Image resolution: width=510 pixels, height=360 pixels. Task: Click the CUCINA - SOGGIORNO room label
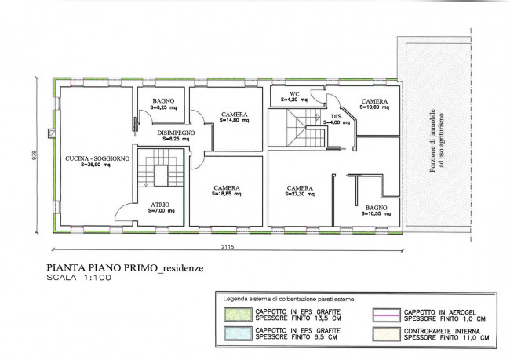pyautogui.click(x=97, y=158)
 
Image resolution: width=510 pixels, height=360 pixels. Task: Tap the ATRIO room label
pyautogui.click(x=160, y=205)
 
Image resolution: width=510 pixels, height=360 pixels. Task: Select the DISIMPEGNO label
pyautogui.click(x=176, y=133)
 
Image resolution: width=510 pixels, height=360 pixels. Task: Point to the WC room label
pyautogui.click(x=294, y=94)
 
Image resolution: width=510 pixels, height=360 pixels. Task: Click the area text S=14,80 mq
pyautogui.click(x=234, y=120)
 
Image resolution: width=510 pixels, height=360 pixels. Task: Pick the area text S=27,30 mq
pyautogui.click(x=300, y=195)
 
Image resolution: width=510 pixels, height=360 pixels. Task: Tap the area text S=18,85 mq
pyautogui.click(x=227, y=194)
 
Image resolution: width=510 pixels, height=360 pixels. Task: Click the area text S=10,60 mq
pyautogui.click(x=375, y=107)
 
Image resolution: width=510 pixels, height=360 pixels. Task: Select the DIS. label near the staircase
pyautogui.click(x=337, y=116)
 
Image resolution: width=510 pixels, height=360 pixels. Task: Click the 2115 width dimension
pyautogui.click(x=228, y=246)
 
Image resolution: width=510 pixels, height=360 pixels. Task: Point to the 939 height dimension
pyautogui.click(x=35, y=155)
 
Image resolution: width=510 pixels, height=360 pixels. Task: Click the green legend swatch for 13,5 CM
pyautogui.click(x=238, y=315)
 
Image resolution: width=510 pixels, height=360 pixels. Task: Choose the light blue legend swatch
pyautogui.click(x=238, y=333)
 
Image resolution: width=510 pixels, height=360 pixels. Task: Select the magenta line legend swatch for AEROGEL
pyautogui.click(x=386, y=315)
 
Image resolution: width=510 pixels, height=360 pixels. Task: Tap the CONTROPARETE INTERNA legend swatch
pyautogui.click(x=386, y=334)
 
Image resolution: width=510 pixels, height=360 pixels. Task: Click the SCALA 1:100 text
pyautogui.click(x=78, y=278)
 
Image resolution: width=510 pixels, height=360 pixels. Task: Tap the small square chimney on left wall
pyautogui.click(x=52, y=133)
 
